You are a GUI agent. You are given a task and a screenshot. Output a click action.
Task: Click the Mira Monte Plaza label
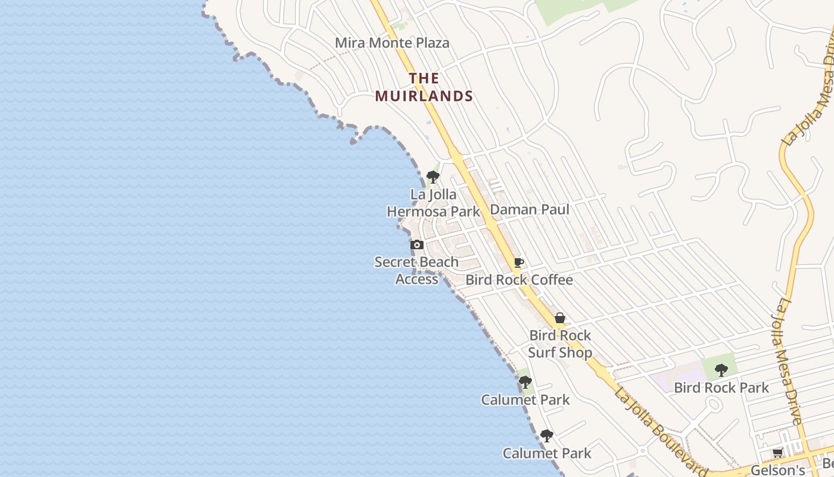(392, 43)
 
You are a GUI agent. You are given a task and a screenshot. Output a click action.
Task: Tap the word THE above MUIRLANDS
(424, 78)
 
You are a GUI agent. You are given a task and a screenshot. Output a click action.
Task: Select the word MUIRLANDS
(424, 96)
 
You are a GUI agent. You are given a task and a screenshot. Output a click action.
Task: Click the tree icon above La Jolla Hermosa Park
(433, 176)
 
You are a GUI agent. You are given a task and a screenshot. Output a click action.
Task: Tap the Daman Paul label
(530, 209)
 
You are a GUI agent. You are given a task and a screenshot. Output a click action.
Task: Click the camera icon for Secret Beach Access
(417, 244)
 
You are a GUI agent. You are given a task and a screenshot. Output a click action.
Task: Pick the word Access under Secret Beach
(417, 279)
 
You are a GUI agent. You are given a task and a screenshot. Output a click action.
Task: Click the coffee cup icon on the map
(519, 262)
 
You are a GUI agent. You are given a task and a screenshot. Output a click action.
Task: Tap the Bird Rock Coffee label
(519, 280)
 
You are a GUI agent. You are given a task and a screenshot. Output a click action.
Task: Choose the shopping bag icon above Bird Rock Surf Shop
(560, 318)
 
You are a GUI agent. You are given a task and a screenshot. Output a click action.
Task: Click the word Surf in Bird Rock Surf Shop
(547, 352)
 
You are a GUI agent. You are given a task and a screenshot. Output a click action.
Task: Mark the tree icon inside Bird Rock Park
(721, 370)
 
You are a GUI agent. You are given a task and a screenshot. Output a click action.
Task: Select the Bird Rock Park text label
(721, 388)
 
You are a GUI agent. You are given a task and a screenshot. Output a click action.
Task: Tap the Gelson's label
(778, 470)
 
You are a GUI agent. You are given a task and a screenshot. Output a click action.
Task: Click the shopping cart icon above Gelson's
(778, 453)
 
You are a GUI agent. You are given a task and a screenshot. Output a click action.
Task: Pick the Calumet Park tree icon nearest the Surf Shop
(525, 382)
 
